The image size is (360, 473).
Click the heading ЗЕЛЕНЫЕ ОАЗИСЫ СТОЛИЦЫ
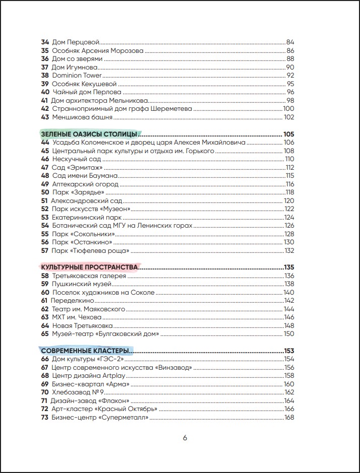89,134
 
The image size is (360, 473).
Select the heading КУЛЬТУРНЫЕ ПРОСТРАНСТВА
89,267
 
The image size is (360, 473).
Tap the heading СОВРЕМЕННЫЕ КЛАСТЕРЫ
86,351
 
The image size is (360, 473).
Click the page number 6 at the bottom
185,438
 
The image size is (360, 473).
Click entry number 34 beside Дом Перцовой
45,42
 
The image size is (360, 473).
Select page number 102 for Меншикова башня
288,117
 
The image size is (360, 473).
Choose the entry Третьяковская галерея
89,276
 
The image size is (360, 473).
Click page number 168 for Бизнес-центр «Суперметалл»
289,418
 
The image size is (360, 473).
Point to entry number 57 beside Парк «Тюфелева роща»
45,250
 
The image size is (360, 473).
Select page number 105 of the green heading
288,134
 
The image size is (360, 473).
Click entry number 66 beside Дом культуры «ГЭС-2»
45,359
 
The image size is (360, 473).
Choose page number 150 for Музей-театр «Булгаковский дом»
289,334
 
